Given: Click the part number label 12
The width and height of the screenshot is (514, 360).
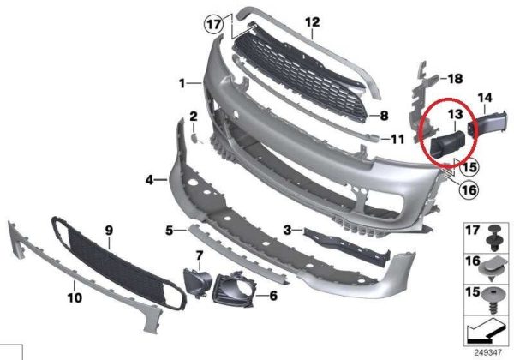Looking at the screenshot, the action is pyautogui.click(x=312, y=22).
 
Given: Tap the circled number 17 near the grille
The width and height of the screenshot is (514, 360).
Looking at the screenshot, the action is pyautogui.click(x=213, y=25).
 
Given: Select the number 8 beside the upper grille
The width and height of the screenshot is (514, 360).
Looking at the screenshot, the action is pyautogui.click(x=384, y=116).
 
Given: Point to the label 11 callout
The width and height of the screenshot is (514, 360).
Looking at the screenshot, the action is pyautogui.click(x=397, y=140).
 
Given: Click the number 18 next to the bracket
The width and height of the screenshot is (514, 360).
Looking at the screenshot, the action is pyautogui.click(x=455, y=79).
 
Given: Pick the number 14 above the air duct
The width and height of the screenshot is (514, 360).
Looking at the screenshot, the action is pyautogui.click(x=485, y=98).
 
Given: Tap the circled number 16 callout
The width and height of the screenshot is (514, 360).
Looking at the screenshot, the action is pyautogui.click(x=469, y=189).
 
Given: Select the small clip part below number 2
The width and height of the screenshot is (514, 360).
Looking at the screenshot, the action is pyautogui.click(x=194, y=138).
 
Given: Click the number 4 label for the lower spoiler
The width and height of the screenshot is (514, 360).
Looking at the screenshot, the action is pyautogui.click(x=149, y=180).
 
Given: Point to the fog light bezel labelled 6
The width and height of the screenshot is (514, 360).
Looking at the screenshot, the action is pyautogui.click(x=233, y=290).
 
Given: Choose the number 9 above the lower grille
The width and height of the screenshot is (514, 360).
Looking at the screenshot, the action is pyautogui.click(x=109, y=231).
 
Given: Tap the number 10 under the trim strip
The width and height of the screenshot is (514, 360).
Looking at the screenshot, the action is pyautogui.click(x=75, y=297).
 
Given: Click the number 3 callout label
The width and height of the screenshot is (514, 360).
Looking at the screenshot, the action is pyautogui.click(x=287, y=230).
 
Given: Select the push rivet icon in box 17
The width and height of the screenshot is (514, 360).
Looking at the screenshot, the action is pyautogui.click(x=493, y=238).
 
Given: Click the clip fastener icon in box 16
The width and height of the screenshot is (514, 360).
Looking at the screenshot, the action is pyautogui.click(x=493, y=269).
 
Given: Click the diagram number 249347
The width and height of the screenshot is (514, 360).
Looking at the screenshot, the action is pyautogui.click(x=488, y=353).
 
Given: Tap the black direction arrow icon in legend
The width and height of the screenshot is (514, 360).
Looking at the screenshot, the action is pyautogui.click(x=487, y=330).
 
